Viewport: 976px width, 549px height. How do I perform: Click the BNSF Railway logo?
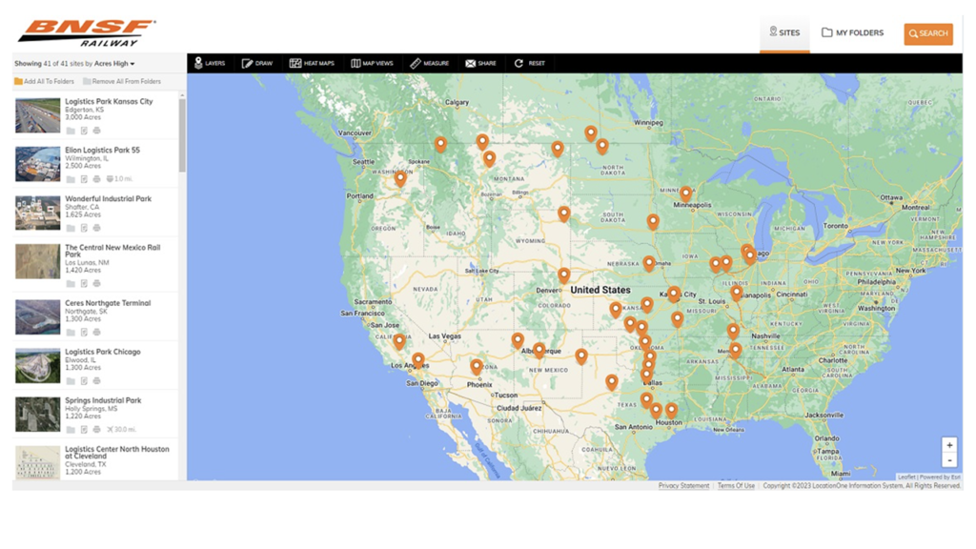tap(86, 32)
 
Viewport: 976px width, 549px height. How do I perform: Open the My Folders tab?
tap(852, 33)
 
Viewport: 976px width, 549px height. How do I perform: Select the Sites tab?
tap(784, 33)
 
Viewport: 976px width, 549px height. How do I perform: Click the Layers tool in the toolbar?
tap(210, 64)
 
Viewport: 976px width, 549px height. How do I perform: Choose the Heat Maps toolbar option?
tap(312, 64)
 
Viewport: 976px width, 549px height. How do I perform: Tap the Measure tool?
tap(429, 64)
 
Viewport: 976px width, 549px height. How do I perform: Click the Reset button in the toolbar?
tap(530, 64)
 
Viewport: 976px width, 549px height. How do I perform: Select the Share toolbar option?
tap(480, 64)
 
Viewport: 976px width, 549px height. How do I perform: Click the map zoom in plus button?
tap(949, 445)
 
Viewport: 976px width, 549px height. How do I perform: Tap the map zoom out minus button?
tap(949, 460)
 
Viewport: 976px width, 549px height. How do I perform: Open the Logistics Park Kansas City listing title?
tap(109, 101)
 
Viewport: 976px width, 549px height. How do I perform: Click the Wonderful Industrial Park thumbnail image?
tap(37, 213)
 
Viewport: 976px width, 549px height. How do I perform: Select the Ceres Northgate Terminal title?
tap(108, 303)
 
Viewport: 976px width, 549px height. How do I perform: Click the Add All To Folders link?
tap(44, 82)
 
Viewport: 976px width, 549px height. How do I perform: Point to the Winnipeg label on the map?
tap(648, 122)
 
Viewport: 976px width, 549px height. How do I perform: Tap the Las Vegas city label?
tap(444, 336)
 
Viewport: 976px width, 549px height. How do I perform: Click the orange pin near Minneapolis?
tap(685, 193)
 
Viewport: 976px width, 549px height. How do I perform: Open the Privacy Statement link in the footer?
tap(683, 486)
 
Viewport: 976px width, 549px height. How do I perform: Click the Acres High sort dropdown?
tap(114, 64)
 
